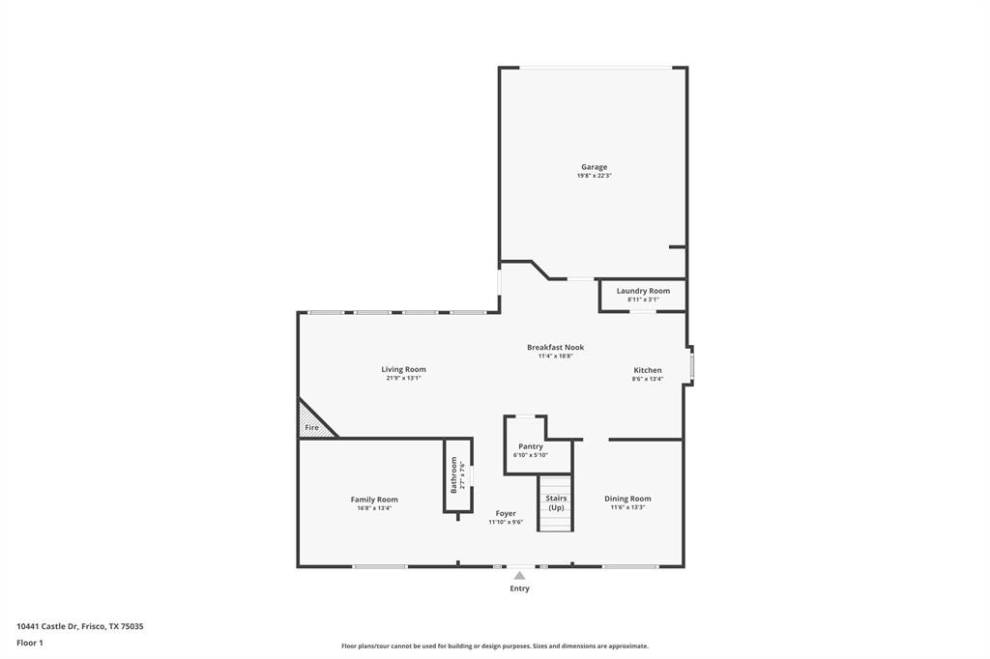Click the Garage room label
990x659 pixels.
(x=594, y=167)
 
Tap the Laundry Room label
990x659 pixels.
(x=643, y=291)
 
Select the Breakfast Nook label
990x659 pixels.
(x=555, y=347)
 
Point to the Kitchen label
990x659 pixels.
(x=648, y=370)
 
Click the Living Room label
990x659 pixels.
(x=403, y=369)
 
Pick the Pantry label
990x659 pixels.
(x=531, y=446)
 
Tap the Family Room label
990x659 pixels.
(x=374, y=500)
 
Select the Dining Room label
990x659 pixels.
(x=627, y=499)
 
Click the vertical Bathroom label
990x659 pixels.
(x=453, y=474)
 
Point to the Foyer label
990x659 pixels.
(x=506, y=513)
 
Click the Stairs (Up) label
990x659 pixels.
(x=556, y=502)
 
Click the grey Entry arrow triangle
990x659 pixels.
(x=519, y=576)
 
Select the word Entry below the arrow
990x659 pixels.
(x=519, y=588)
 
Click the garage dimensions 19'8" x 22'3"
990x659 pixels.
(x=594, y=176)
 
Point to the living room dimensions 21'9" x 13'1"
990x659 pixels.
(x=403, y=378)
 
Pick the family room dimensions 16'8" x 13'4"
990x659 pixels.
(x=374, y=508)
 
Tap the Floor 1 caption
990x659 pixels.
(x=30, y=642)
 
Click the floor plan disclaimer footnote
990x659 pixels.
(x=494, y=646)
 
